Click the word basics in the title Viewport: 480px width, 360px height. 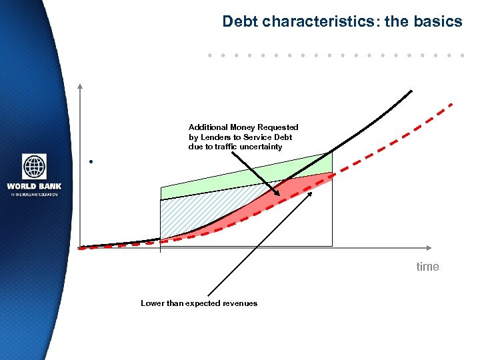[437, 21]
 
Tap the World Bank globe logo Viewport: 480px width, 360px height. [34, 167]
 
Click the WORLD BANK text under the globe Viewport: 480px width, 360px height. [34, 186]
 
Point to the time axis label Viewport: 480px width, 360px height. [427, 267]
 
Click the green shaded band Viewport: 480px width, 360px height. [220, 183]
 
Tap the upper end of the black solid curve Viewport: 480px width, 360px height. [411, 91]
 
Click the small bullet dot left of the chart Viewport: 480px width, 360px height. [89, 162]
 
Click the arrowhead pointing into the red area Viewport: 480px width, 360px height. [279, 194]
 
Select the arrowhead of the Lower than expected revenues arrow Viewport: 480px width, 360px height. [311, 193]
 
